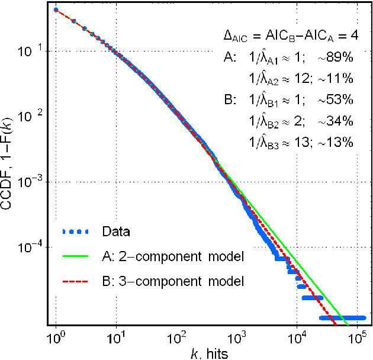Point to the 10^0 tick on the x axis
click(x=55, y=339)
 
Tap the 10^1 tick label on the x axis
click(x=116, y=339)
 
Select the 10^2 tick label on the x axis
click(x=176, y=339)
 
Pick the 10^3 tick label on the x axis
click(x=237, y=339)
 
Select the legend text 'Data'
click(x=115, y=231)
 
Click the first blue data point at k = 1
click(x=56, y=9)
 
